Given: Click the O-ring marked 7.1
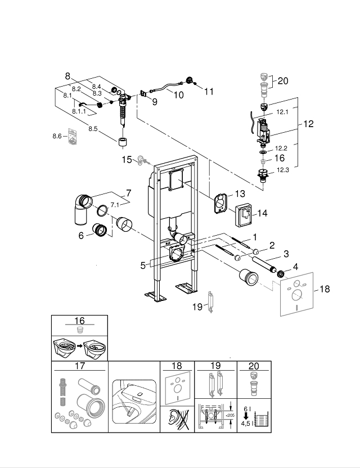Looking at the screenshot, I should pos(101,211).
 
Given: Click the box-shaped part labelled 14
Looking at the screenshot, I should pos(242,213).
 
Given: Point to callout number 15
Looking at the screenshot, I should pos(127,160).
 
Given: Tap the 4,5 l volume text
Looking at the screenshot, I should pos(245,425).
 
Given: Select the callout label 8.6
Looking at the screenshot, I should pos(57,136).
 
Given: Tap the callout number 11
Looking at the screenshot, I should pos(209,92).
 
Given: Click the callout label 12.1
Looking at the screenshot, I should pos(282,112).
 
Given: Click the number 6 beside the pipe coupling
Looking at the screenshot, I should pos(82,236).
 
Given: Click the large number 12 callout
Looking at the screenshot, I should pos(309,124).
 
